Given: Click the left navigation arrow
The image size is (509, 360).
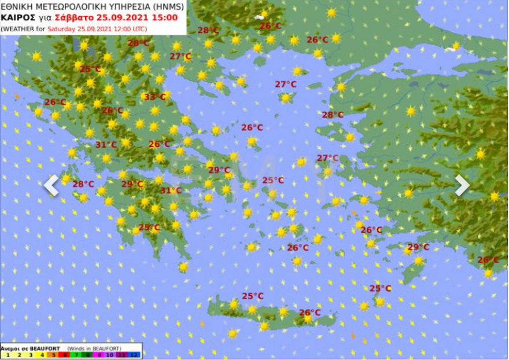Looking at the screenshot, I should pos(51,186).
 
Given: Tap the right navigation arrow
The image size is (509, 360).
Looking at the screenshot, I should pos(462,185).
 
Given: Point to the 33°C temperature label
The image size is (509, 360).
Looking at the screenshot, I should pos(154,97).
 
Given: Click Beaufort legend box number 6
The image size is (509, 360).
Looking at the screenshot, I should pos(65,354).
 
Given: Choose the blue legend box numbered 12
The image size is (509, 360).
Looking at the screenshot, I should pos(134,354).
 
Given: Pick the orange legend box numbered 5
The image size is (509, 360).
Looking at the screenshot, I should pos(54,354).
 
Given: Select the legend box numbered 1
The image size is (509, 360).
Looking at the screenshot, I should pos(8,354).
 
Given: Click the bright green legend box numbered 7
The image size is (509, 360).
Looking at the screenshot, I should pos(77,354).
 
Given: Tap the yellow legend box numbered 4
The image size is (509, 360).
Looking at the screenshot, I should pos(42,354).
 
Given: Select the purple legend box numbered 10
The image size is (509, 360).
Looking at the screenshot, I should pos(111,354).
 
